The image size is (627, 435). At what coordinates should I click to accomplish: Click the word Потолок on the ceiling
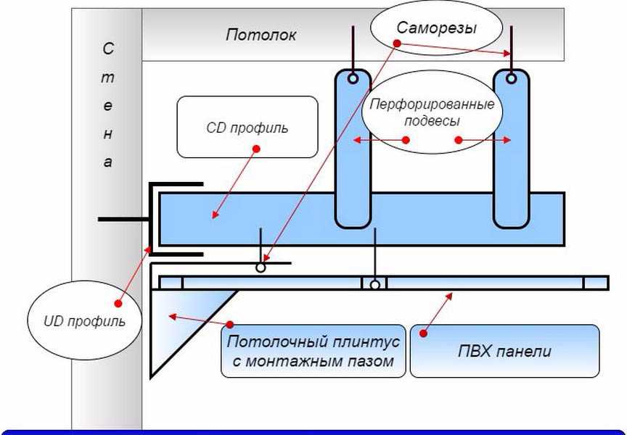tap(261, 35)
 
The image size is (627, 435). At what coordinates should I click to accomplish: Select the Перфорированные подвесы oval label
tap(433, 112)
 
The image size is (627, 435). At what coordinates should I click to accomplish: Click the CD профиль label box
tap(247, 127)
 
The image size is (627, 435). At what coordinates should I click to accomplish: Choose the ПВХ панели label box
tap(504, 352)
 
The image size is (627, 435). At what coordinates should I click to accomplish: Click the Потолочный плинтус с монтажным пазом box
tap(313, 352)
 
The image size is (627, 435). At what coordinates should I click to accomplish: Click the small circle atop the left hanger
tap(353, 78)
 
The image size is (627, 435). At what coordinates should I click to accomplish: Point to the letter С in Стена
tap(107, 49)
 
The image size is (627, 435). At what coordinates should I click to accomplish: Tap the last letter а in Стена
tap(107, 162)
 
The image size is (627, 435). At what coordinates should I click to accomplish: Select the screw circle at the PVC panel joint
tap(374, 285)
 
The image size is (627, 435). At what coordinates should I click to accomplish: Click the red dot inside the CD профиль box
tap(255, 149)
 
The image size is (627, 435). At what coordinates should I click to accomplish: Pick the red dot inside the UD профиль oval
tap(116, 303)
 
